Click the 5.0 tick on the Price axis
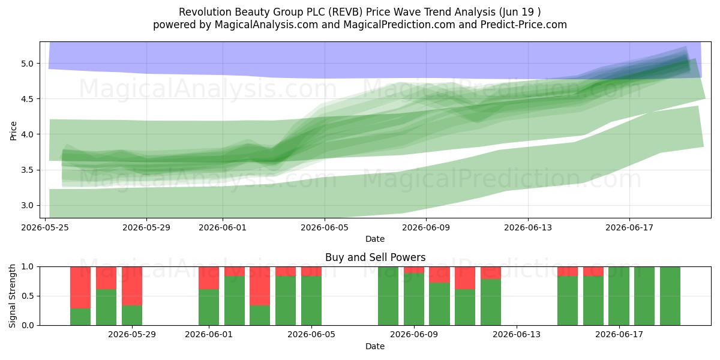click(x=27, y=64)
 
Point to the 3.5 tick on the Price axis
click(x=27, y=170)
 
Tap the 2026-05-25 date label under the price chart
click(x=45, y=227)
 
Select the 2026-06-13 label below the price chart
click(x=528, y=227)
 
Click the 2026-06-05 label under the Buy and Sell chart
click(x=311, y=334)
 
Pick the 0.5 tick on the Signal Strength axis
click(x=27, y=296)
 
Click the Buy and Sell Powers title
click(x=375, y=257)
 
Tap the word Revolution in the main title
click(x=205, y=12)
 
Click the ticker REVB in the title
click(x=346, y=12)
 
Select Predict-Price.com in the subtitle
click(x=523, y=25)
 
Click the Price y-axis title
click(x=13, y=131)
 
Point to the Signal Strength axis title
click(x=12, y=296)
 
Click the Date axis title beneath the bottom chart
click(x=375, y=346)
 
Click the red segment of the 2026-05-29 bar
click(x=132, y=286)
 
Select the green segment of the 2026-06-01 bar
click(x=209, y=307)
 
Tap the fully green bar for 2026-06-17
click(x=619, y=296)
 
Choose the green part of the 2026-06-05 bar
click(x=311, y=301)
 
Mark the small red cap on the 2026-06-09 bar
click(x=413, y=270)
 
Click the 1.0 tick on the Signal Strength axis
click(x=27, y=267)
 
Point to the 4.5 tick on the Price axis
click(x=27, y=99)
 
